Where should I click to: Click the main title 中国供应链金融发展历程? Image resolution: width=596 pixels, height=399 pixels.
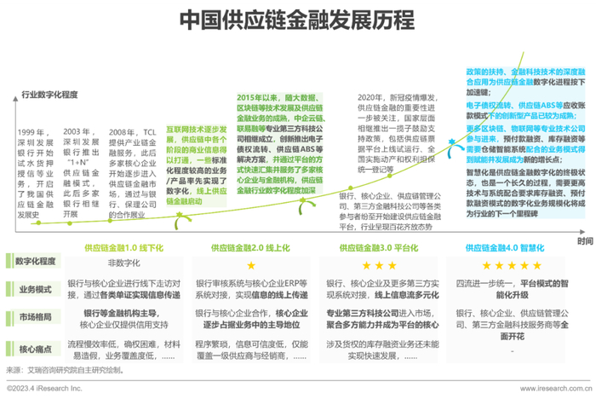click(297, 20)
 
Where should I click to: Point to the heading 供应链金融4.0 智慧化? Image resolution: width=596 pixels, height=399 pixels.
click(512, 247)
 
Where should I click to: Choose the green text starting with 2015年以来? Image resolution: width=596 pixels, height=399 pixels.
click(259, 97)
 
